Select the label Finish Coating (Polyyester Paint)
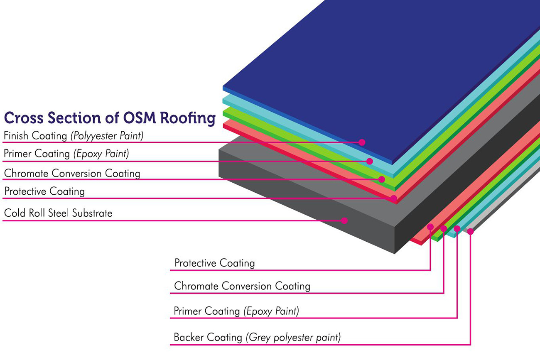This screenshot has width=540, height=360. click(x=74, y=135)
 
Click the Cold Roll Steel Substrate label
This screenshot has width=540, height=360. click(x=58, y=213)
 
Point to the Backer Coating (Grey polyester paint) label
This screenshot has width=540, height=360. click(x=257, y=337)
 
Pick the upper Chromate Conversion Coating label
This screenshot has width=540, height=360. click(x=72, y=173)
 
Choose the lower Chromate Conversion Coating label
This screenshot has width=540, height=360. click(x=242, y=286)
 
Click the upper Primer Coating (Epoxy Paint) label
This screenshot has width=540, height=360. click(x=66, y=154)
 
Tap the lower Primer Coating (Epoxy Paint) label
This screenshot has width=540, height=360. click(x=236, y=311)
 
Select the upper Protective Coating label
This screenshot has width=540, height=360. click(x=44, y=191)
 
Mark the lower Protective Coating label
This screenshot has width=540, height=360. click(x=214, y=263)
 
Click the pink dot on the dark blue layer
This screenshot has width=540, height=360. click(x=362, y=142)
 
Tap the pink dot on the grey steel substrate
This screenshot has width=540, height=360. click(x=344, y=220)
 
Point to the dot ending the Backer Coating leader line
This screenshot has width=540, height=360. click(x=470, y=232)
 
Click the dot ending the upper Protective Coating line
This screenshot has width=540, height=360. click(x=394, y=198)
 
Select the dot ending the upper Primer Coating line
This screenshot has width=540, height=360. click(x=370, y=161)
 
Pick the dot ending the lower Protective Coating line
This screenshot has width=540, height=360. click(x=430, y=227)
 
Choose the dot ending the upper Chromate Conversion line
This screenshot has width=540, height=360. click(x=382, y=179)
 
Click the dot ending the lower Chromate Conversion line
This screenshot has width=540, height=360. click(x=444, y=228)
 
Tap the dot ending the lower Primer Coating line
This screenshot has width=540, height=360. click(x=457, y=229)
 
